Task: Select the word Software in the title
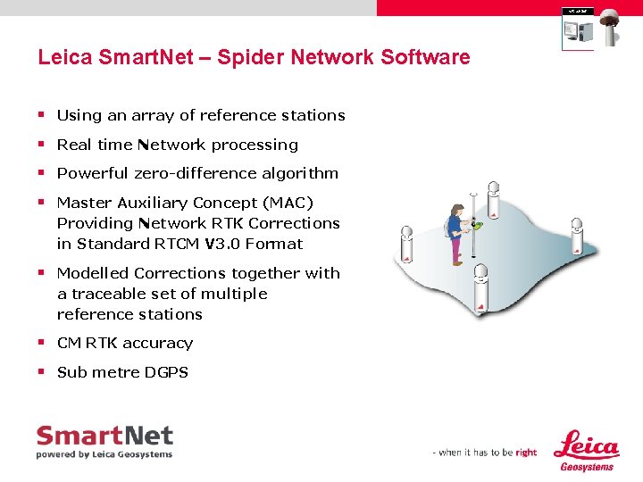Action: coord(425,58)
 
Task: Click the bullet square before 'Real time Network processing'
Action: coord(42,145)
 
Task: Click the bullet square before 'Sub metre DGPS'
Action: coord(42,372)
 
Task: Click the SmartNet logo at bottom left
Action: coord(104,437)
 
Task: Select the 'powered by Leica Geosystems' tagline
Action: coord(104,454)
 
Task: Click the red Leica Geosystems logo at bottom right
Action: coord(586,449)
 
